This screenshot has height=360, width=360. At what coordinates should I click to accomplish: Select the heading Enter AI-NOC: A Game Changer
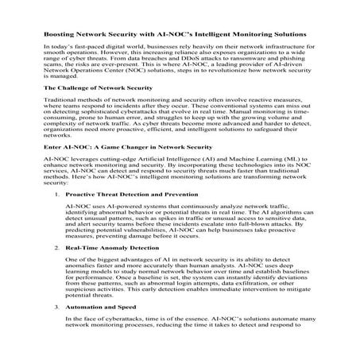pos(116,169)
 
